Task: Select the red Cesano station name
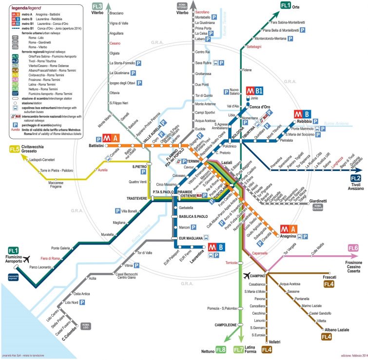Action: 116,43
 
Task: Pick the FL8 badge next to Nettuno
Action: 220,349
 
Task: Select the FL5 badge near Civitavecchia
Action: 15,149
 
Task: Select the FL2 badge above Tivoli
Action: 354,178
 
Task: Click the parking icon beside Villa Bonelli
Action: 117,211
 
